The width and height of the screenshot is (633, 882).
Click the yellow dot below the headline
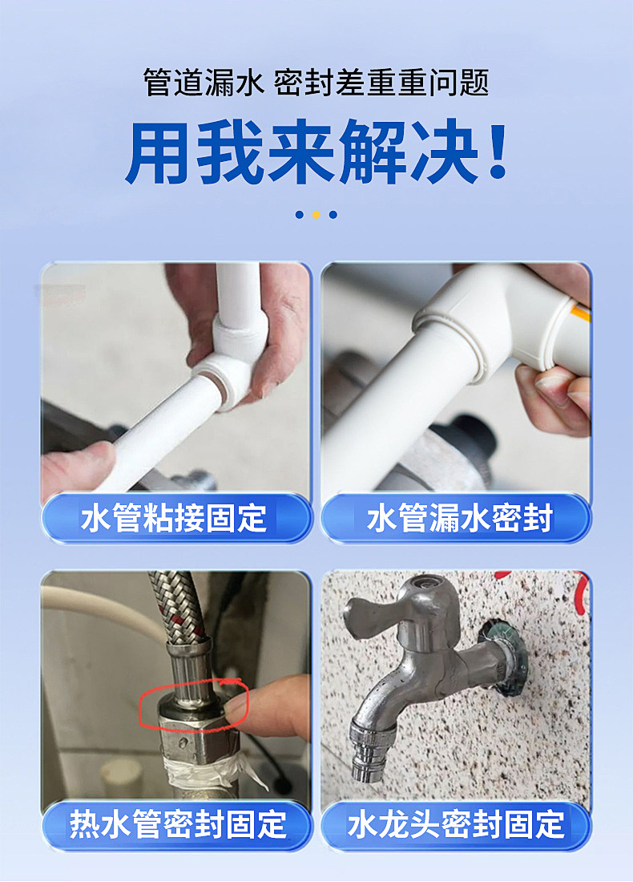point(316,214)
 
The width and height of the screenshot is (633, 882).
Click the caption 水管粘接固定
point(173,518)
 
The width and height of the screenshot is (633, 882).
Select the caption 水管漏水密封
point(459,518)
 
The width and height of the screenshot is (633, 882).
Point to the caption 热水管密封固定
point(178,824)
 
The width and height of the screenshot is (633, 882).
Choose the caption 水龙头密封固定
point(456,824)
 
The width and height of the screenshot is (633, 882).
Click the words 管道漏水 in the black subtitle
point(203,83)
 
